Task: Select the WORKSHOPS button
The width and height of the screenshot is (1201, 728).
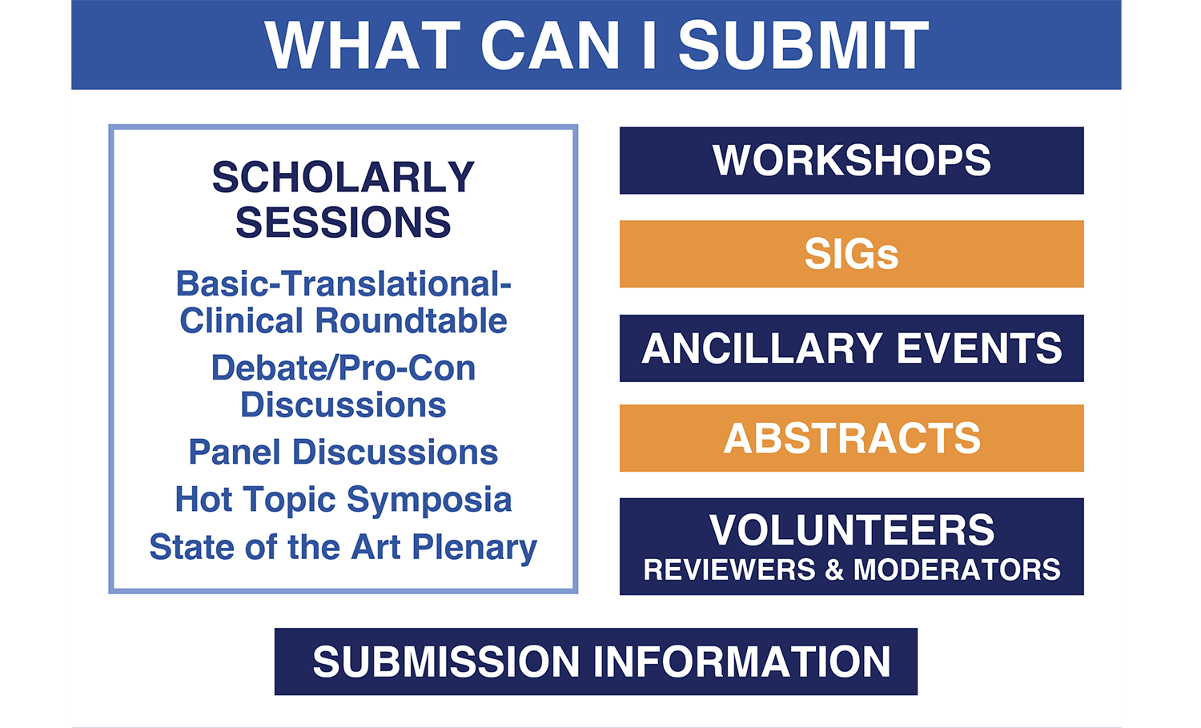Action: tap(851, 160)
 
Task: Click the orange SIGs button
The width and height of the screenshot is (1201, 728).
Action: tap(851, 254)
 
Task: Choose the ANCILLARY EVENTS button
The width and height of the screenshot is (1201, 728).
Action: tap(851, 348)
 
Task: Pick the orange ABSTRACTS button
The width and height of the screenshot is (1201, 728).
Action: tap(851, 438)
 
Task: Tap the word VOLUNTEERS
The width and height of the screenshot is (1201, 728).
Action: tap(852, 530)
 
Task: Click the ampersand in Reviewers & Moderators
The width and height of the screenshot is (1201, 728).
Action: tap(833, 569)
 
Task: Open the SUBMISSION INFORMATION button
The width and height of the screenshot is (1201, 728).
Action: tap(596, 662)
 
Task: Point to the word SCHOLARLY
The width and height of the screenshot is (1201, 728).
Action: tap(343, 177)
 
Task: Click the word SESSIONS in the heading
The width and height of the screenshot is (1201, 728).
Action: tap(343, 222)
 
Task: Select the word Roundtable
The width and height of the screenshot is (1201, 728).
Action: tap(411, 321)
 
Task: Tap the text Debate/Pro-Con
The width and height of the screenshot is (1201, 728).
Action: tap(343, 368)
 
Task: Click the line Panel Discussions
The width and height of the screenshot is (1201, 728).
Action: tap(343, 452)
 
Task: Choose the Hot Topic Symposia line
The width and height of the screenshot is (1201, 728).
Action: tap(343, 500)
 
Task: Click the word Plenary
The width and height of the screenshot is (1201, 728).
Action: tap(475, 548)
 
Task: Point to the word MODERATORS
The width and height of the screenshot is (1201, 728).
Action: tap(957, 569)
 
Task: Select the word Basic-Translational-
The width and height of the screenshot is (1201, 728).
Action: tap(343, 284)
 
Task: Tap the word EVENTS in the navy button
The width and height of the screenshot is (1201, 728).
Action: tap(979, 348)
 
